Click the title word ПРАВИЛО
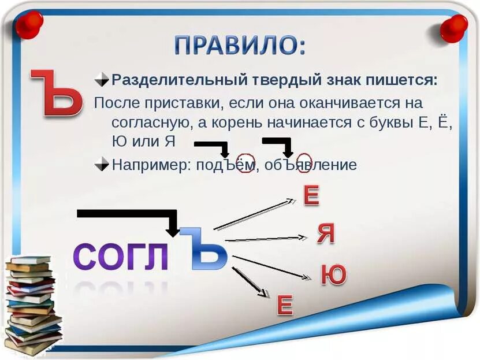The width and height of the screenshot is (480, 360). click(240, 45)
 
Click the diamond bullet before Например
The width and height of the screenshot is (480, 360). click(102, 164)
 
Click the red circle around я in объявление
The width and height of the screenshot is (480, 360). click(304, 164)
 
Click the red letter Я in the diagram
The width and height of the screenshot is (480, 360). click(326, 233)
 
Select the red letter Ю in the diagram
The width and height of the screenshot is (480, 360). click(333, 275)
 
